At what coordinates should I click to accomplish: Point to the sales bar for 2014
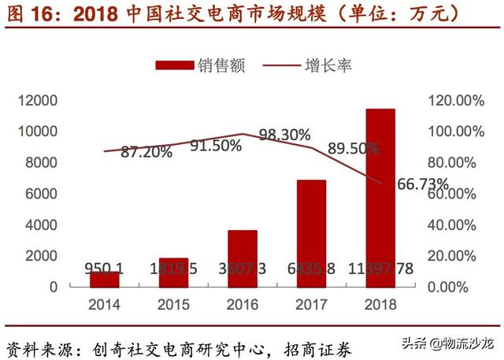[104, 279]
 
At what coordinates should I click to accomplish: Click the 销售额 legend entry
[200, 65]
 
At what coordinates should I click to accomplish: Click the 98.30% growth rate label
[284, 135]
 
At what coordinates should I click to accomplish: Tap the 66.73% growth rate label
[423, 184]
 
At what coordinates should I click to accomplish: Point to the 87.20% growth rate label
[146, 153]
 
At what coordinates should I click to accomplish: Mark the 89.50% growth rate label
[354, 148]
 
